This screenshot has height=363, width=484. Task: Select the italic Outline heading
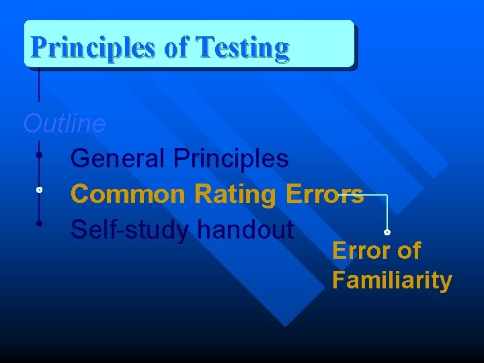(65, 124)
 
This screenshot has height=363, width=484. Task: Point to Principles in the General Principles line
(231, 159)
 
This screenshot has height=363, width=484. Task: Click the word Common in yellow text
(128, 194)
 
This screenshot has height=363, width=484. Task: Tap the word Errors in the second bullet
(325, 194)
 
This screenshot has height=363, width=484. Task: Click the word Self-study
(131, 230)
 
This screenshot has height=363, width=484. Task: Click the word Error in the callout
(358, 251)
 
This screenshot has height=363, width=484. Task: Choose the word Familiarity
(391, 280)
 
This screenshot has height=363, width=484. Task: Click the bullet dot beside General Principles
(40, 155)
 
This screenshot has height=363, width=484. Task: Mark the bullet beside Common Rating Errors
(40, 190)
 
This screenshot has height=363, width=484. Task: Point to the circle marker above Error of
(387, 232)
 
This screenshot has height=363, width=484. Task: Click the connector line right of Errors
(376, 196)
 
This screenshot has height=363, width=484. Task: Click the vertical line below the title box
(39, 84)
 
